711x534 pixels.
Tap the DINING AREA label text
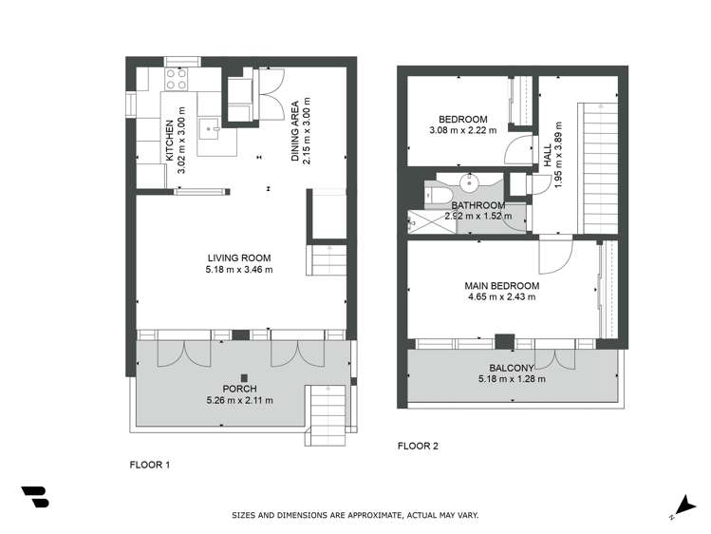[295, 132]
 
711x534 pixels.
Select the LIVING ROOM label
[239, 257]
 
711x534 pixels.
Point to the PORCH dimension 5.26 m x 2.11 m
[240, 400]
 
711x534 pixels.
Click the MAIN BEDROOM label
[501, 285]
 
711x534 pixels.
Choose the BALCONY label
[513, 368]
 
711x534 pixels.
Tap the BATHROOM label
[477, 205]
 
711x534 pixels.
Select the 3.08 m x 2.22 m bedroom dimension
[462, 130]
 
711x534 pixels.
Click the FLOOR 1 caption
[149, 466]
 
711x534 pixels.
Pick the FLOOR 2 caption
[419, 446]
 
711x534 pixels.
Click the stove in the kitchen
[178, 82]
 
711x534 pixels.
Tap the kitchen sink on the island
[209, 126]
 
